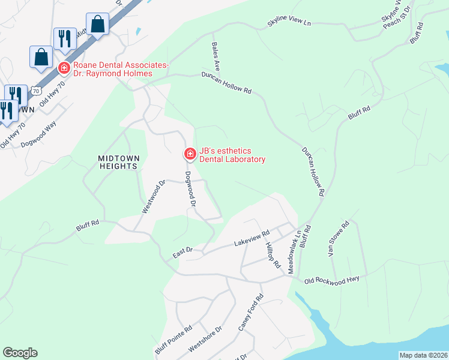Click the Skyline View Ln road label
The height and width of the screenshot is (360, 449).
(290, 24)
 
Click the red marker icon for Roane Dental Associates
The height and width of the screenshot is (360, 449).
(63, 68)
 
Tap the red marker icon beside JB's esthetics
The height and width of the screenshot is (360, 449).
(190, 155)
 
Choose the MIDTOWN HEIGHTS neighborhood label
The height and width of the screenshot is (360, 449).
(118, 162)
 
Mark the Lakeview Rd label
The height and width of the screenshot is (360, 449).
(251, 238)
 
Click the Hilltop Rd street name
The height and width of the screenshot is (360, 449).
(274, 256)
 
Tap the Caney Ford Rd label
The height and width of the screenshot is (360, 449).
(251, 313)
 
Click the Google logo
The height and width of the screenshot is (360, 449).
(20, 353)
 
